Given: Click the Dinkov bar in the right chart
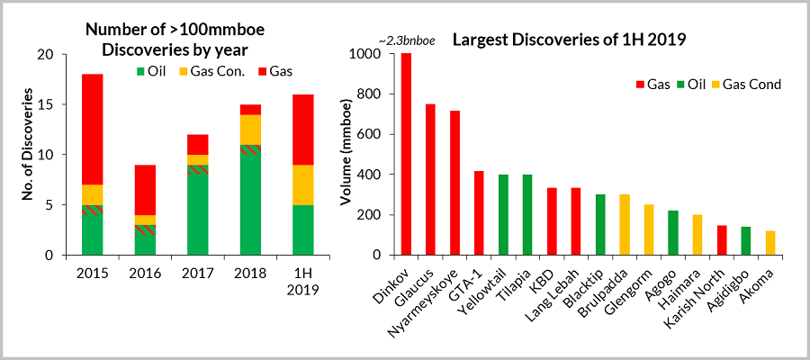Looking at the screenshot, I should tap(406, 154).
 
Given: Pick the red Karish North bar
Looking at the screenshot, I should tap(723, 240).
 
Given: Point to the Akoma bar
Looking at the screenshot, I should tap(771, 243).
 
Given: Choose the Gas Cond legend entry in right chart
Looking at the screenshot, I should tap(745, 84).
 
